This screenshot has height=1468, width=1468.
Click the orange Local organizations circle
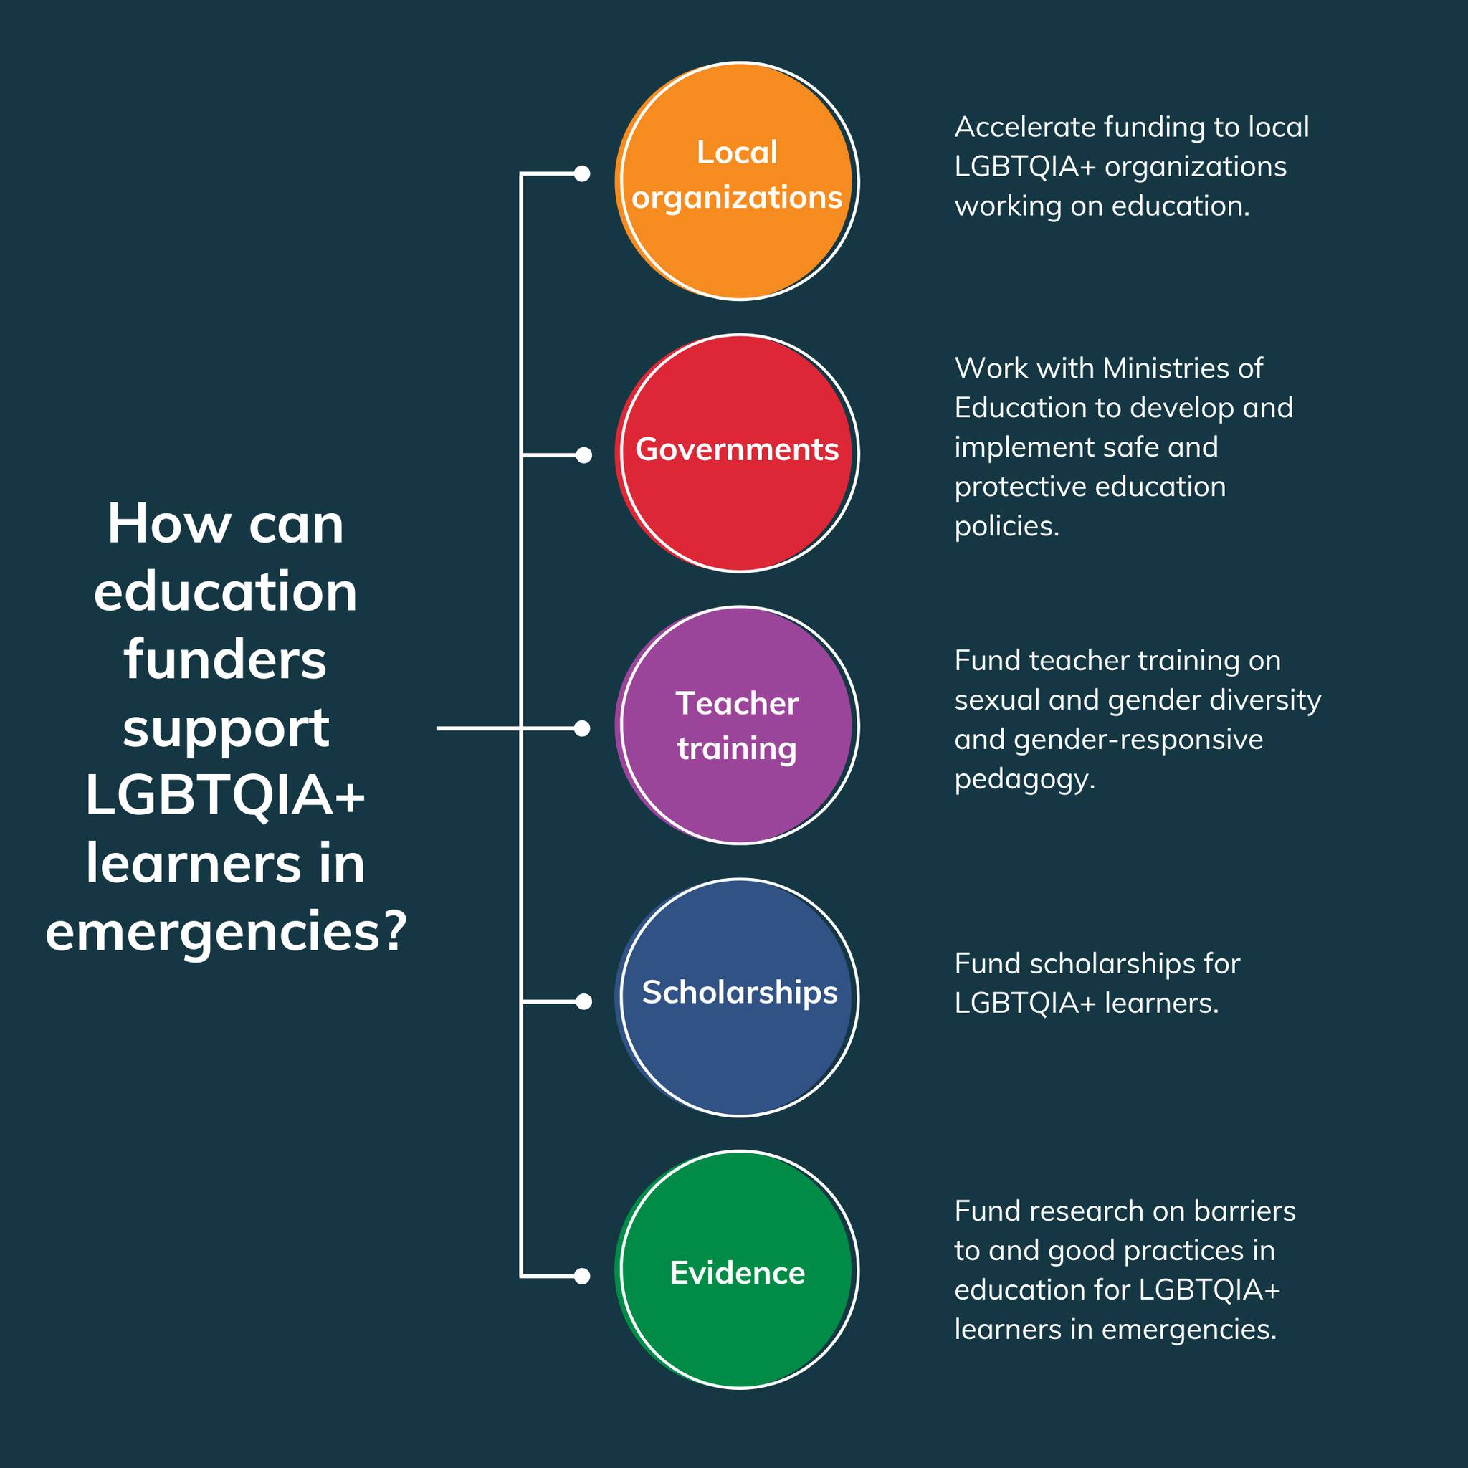click(737, 181)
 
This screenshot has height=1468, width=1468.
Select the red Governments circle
click(737, 453)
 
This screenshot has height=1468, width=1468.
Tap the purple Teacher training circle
click(737, 725)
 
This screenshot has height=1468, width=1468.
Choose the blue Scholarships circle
click(737, 998)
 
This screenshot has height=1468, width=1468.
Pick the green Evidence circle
click(737, 1269)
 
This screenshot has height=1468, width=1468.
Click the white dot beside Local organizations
click(582, 174)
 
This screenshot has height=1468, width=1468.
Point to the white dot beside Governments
click(583, 455)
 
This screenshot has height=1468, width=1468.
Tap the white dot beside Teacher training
click(582, 729)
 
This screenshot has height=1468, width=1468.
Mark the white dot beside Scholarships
click(583, 1002)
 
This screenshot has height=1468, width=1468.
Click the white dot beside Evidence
click(582, 1277)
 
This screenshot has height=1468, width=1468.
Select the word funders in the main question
click(226, 659)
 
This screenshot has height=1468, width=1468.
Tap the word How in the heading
click(168, 524)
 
